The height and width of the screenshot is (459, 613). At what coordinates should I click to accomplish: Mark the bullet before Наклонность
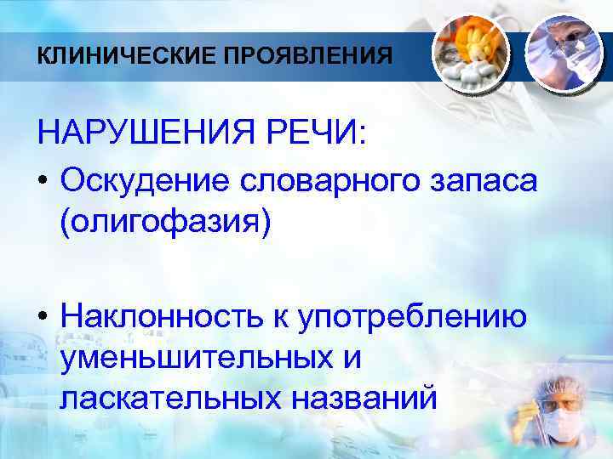point(43,317)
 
